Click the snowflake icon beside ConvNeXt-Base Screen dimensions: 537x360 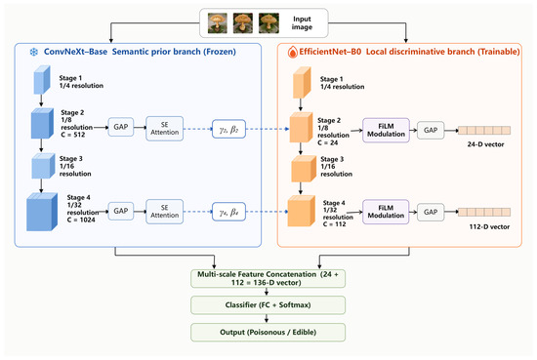33,52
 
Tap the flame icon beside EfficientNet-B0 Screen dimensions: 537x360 292,53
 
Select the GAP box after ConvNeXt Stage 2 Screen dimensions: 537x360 121,127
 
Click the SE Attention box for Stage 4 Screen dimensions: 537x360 165,212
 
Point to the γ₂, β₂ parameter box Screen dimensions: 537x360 228,129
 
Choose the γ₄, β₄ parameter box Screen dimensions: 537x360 228,212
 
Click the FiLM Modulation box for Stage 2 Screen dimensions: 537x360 386,130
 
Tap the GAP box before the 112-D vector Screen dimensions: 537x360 431,212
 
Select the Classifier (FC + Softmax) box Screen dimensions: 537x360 268,305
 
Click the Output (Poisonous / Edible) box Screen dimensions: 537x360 268,333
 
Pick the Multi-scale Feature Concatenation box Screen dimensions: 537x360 268,279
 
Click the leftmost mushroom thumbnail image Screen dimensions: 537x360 218,23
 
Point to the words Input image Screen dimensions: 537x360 302,23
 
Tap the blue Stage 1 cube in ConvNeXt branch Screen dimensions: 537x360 42,80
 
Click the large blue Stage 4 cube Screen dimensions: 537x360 42,212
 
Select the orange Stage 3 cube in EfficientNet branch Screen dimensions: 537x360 304,169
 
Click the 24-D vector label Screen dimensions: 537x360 485,144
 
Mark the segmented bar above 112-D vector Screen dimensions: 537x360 484,212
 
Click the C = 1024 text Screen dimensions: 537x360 81,220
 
